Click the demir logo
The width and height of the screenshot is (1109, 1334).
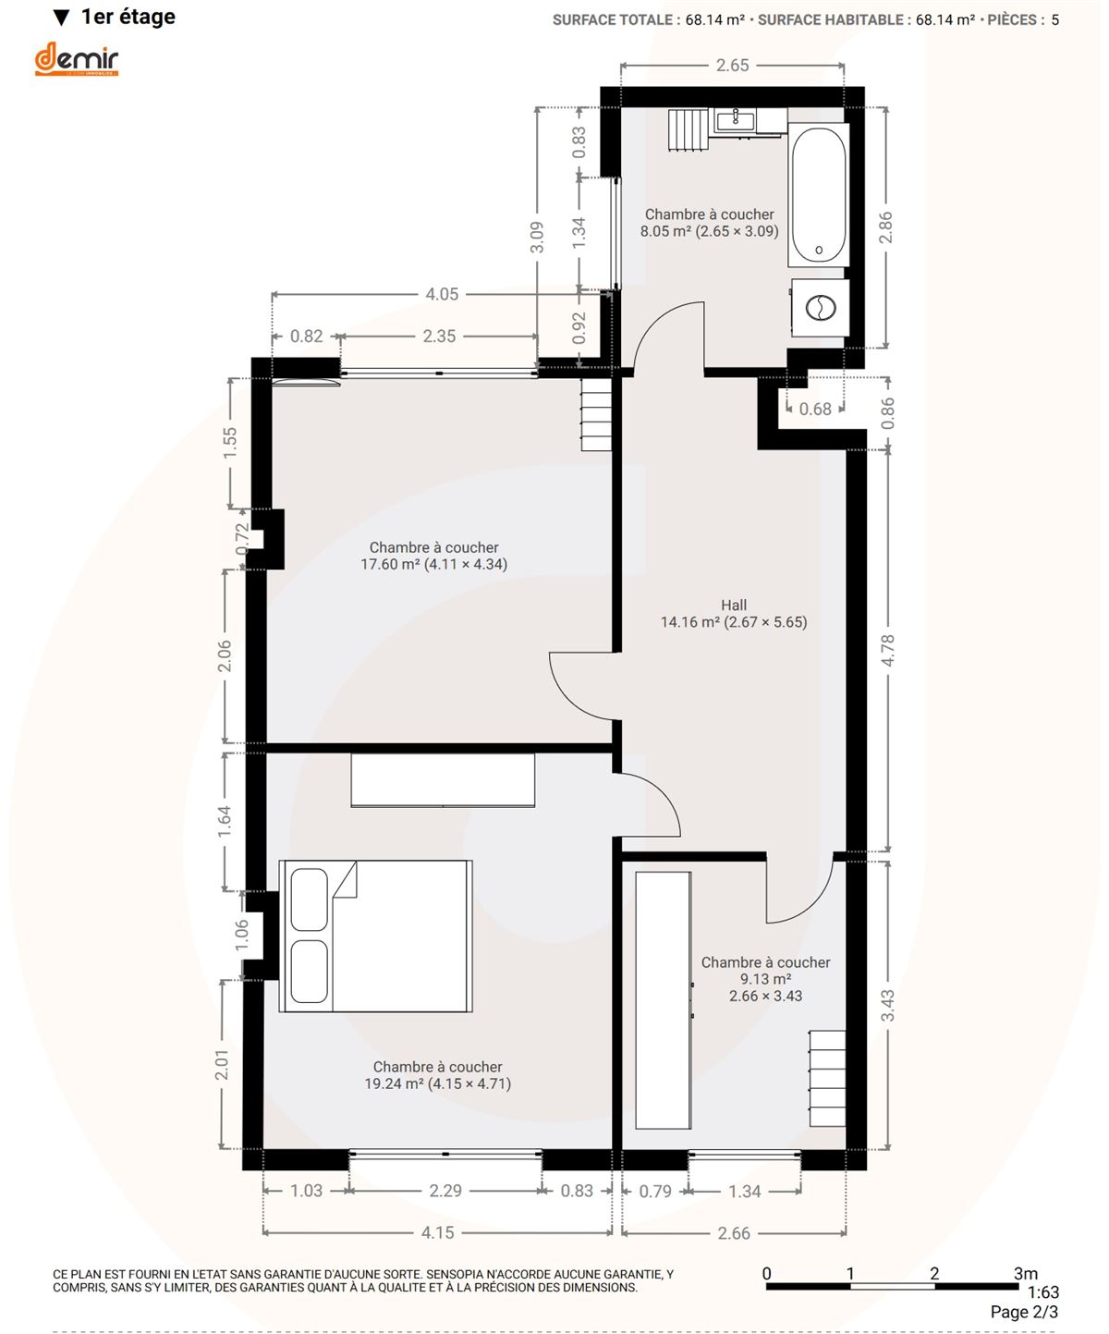tap(77, 59)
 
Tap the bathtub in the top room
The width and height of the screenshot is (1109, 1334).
tap(818, 195)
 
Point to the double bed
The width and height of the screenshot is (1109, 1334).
tap(375, 936)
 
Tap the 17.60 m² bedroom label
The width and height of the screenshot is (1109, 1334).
tap(433, 556)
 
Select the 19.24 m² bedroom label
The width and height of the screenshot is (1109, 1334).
tap(438, 1075)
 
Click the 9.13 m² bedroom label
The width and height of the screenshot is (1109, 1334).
tap(765, 979)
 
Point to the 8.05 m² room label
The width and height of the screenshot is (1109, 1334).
tap(709, 223)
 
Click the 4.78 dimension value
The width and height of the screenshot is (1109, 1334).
tap(888, 651)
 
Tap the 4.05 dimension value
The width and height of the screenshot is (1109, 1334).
tap(442, 295)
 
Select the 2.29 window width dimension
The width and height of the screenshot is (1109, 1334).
tap(445, 1191)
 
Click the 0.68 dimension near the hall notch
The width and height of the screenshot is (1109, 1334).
tap(815, 409)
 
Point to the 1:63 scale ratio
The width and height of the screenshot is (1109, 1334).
tap(1042, 1292)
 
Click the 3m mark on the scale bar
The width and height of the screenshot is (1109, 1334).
tap(1025, 1273)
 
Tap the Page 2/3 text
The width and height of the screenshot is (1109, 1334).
tap(1024, 1313)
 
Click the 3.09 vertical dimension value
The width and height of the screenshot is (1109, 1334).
tap(537, 237)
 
